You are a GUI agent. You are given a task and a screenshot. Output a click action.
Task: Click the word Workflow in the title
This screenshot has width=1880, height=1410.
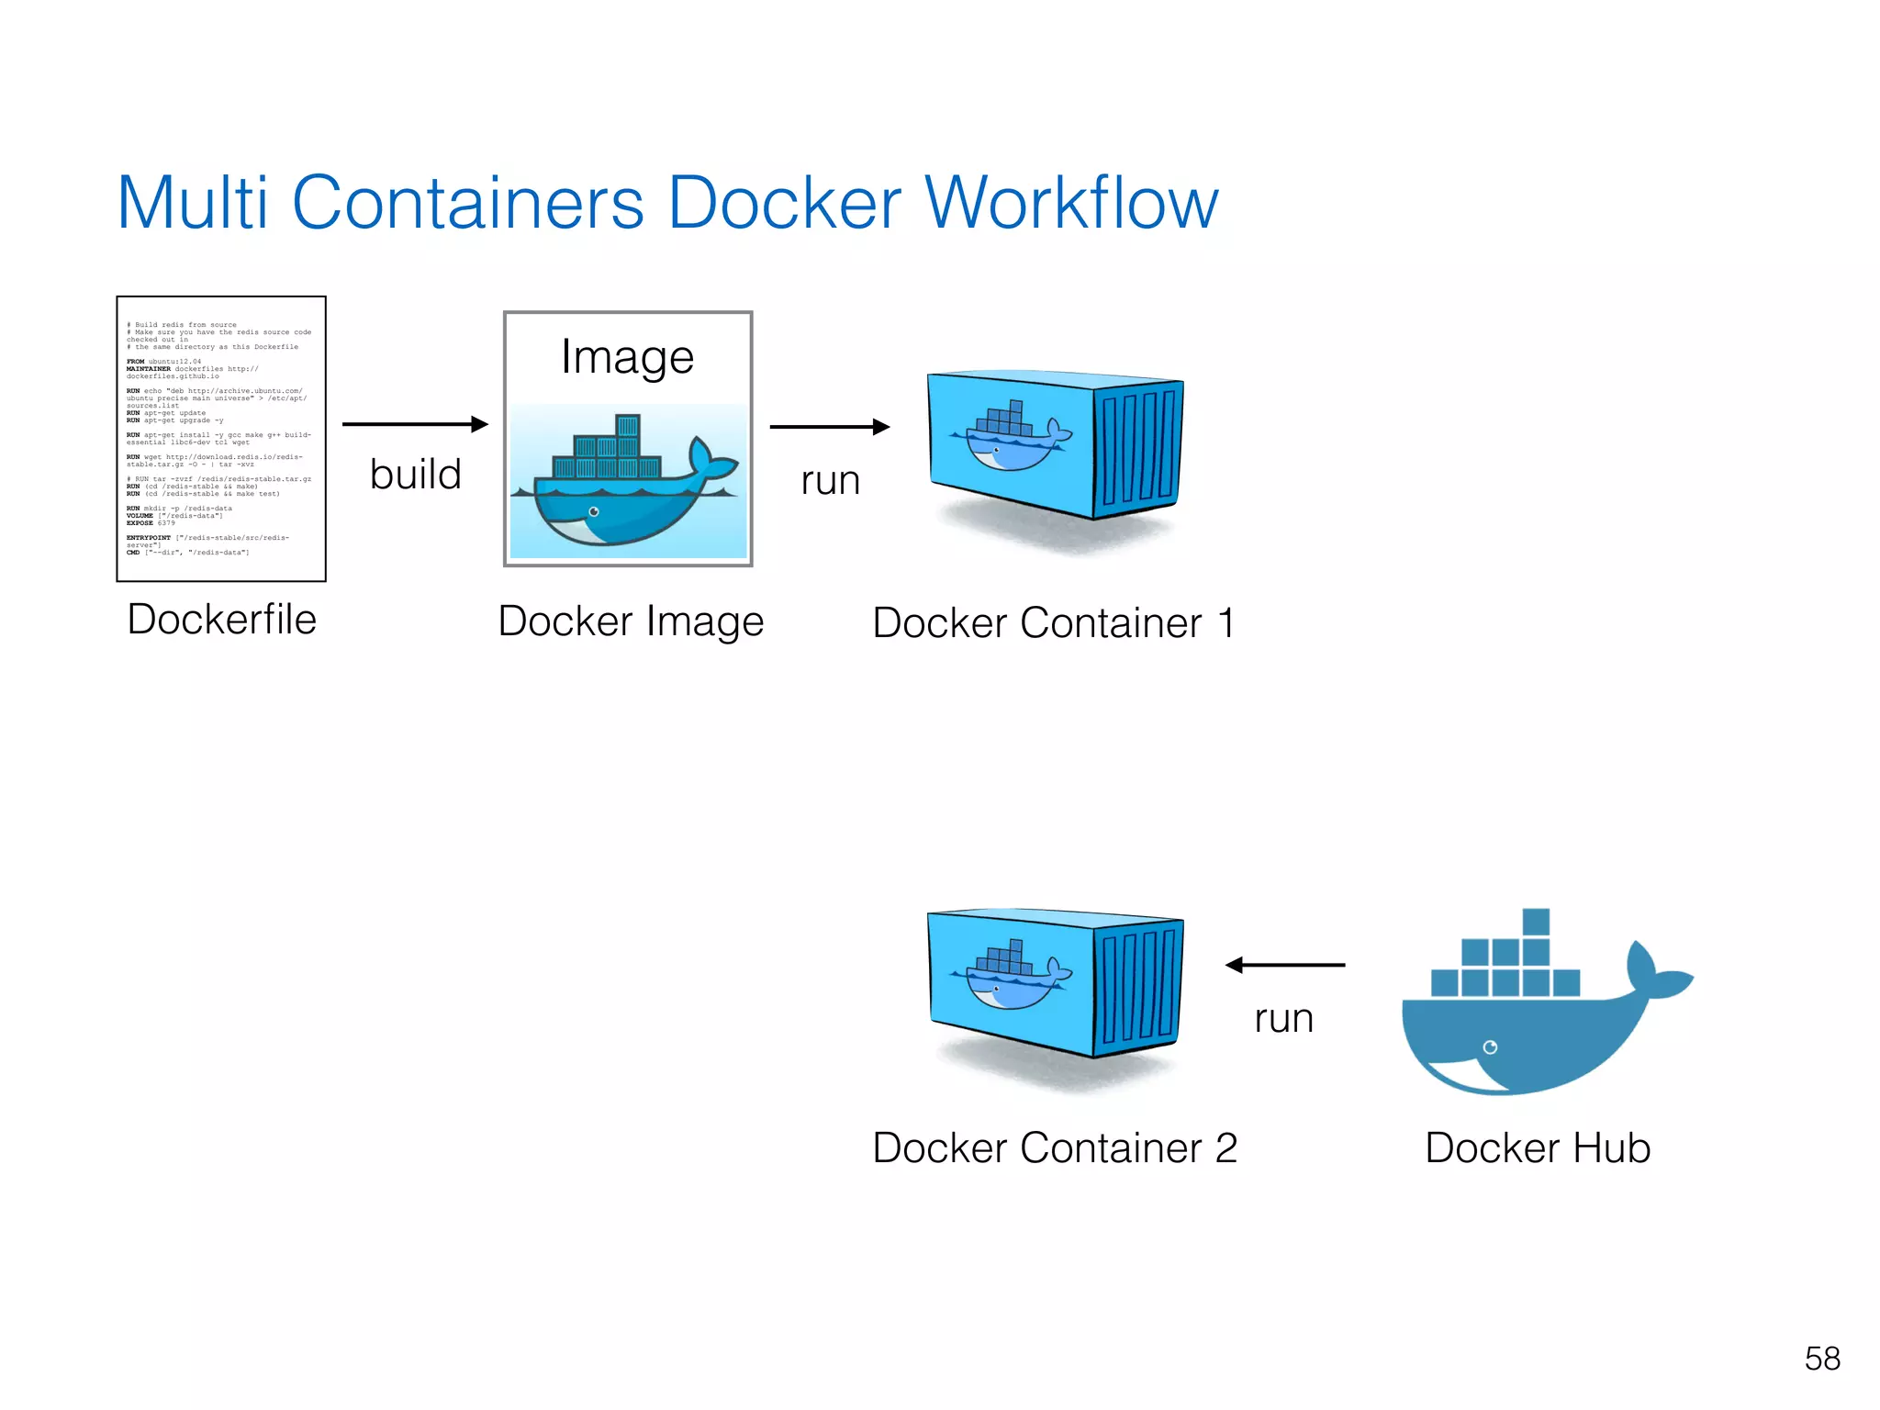[x=1071, y=203]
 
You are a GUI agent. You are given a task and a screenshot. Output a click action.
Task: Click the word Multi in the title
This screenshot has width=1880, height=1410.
[x=193, y=203]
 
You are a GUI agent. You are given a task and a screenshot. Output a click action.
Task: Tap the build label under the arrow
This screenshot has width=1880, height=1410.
[x=415, y=475]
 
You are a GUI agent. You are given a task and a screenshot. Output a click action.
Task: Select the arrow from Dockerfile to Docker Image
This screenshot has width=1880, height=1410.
[x=415, y=424]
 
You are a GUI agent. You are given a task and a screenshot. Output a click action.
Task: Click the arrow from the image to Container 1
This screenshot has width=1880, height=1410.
[x=829, y=427]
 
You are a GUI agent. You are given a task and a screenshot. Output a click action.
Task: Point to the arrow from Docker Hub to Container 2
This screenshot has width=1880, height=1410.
[x=1284, y=965]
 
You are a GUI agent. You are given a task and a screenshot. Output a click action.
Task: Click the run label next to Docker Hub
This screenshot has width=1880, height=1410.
[x=1283, y=1018]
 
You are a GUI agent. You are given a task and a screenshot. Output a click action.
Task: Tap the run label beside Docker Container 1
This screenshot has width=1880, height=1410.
[x=830, y=480]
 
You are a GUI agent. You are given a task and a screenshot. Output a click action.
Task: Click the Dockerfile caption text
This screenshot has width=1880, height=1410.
[x=221, y=620]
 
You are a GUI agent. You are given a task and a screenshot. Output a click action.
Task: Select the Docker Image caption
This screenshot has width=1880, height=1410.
[x=631, y=621]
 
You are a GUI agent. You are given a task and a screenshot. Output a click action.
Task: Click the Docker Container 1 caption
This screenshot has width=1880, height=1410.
[x=1053, y=623]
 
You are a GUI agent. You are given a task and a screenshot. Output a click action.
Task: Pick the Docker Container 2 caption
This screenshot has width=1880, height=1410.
[x=1055, y=1148]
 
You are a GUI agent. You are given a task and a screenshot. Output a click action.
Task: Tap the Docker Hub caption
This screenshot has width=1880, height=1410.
[x=1538, y=1148]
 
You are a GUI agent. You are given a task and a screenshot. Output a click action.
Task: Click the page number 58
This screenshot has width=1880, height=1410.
[x=1822, y=1359]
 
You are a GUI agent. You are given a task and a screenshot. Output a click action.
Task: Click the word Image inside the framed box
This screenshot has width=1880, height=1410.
[x=627, y=357]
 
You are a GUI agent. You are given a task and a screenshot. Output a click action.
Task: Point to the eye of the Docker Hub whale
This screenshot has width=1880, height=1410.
[x=1490, y=1047]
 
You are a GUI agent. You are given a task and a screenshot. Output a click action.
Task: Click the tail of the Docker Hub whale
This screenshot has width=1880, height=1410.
[x=1652, y=972]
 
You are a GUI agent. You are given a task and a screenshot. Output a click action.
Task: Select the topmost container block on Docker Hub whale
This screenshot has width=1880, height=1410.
[x=1536, y=922]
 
